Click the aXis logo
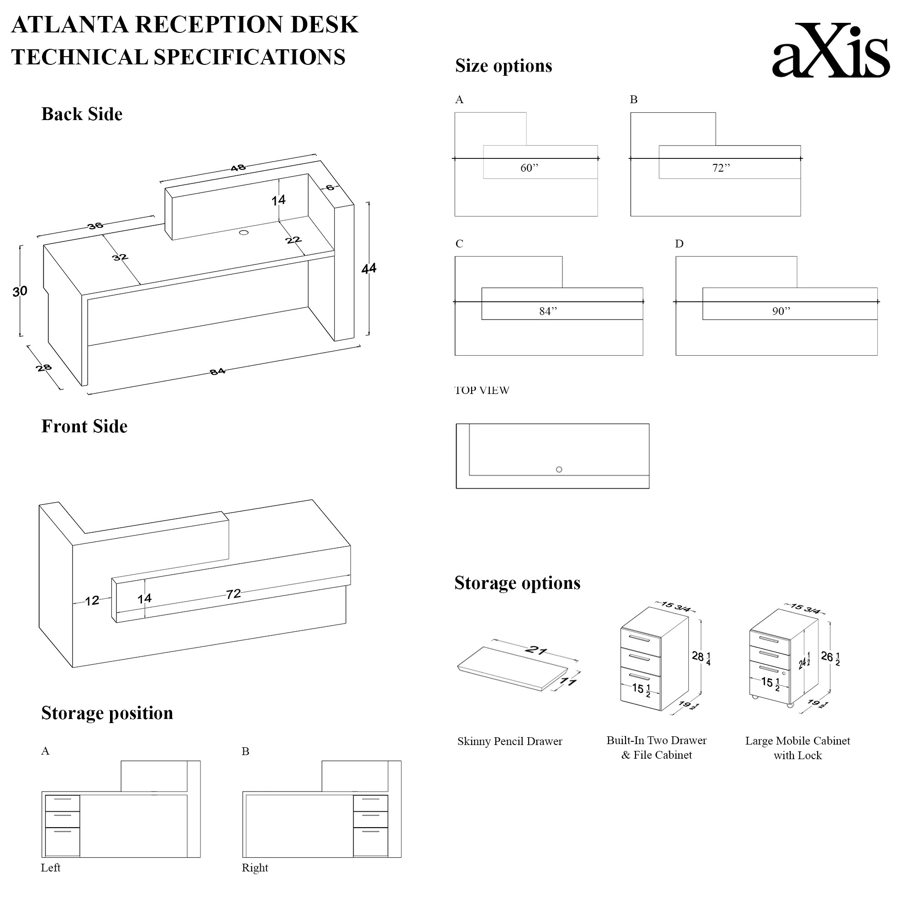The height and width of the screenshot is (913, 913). [x=830, y=51]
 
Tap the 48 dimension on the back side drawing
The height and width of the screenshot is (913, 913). [x=238, y=168]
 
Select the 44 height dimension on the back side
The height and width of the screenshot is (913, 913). [x=368, y=268]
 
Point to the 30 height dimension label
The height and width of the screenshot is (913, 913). [x=20, y=291]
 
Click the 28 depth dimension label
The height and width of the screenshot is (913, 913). [x=43, y=367]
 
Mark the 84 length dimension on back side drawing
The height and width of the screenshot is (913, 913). [x=217, y=372]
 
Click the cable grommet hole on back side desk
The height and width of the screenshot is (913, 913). [x=244, y=232]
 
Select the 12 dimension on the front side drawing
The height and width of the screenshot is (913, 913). [x=92, y=601]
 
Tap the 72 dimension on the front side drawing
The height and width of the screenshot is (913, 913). [x=233, y=594]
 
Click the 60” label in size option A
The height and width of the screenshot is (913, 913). [x=529, y=168]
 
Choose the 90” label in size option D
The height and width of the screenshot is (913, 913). [x=781, y=311]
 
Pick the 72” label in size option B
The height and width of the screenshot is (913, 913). [x=721, y=168]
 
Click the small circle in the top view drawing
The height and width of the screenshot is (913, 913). [x=559, y=469]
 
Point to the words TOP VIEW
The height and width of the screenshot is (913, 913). [x=482, y=390]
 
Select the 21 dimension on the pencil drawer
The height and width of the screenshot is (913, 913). [x=536, y=650]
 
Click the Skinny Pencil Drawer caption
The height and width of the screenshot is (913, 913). [x=509, y=741]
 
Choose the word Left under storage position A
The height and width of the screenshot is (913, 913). [x=51, y=868]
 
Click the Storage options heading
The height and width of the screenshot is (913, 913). [x=517, y=582]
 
